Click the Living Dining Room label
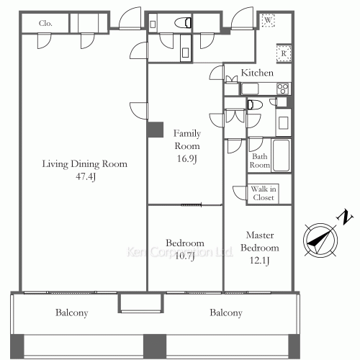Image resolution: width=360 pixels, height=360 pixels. pos(85,164)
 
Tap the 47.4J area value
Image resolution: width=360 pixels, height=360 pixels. pos(86,176)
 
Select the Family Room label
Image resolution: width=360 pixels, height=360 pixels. pos(187,140)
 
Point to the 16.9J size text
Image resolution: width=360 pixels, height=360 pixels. pos(187,158)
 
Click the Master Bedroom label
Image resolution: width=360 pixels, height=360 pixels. pos(260,241)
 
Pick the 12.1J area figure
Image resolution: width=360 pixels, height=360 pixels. pos(259,260)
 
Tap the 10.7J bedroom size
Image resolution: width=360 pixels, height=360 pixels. pos(184,256)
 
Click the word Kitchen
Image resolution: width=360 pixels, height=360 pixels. pos(257,73)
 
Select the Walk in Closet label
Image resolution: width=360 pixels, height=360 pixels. pos(264,193)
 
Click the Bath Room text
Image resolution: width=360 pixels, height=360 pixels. pos(259,161)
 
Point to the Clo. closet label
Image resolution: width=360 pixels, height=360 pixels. pos(45,23)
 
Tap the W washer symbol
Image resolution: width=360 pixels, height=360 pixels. pos(268,20)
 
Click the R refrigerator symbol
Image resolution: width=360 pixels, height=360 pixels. pos(284,53)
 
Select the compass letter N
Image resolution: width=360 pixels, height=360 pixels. pos(345,217)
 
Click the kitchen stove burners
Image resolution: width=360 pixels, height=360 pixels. pos(282,89)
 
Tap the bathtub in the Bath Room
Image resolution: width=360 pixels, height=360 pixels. pos(281,156)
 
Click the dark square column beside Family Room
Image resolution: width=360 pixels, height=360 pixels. pos(156,130)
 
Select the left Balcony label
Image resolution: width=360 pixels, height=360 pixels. pos(72,312)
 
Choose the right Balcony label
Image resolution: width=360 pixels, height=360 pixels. pos(226,312)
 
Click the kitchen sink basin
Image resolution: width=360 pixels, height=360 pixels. pos(250,89)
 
